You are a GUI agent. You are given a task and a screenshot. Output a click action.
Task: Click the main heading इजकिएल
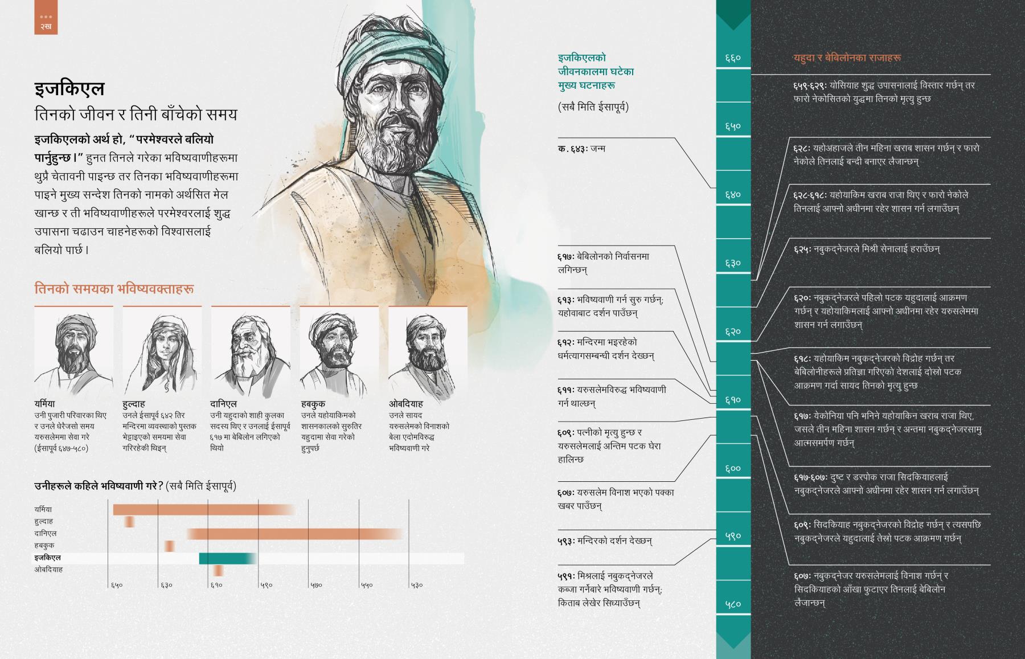(x=69, y=89)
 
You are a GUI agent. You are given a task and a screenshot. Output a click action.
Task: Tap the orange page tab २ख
(x=46, y=22)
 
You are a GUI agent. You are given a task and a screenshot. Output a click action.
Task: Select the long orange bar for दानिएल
(x=293, y=534)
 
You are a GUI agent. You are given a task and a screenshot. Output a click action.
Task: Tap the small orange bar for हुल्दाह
(x=130, y=522)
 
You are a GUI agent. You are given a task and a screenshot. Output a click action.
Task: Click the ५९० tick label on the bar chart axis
(x=267, y=585)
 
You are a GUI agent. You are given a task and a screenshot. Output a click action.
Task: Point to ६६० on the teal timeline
(x=733, y=58)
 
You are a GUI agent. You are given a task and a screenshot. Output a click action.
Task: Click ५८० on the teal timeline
(x=733, y=604)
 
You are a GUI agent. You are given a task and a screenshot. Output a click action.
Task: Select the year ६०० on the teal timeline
(x=733, y=468)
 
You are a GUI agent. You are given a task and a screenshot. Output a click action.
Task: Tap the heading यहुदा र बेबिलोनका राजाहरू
(x=847, y=58)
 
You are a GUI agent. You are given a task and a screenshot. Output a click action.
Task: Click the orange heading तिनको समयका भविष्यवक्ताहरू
(x=114, y=289)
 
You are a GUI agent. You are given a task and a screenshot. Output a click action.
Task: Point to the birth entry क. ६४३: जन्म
(x=581, y=149)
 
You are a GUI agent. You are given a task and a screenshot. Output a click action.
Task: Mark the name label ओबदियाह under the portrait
(x=406, y=404)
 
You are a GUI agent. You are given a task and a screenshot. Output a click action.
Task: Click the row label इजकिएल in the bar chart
(x=47, y=558)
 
